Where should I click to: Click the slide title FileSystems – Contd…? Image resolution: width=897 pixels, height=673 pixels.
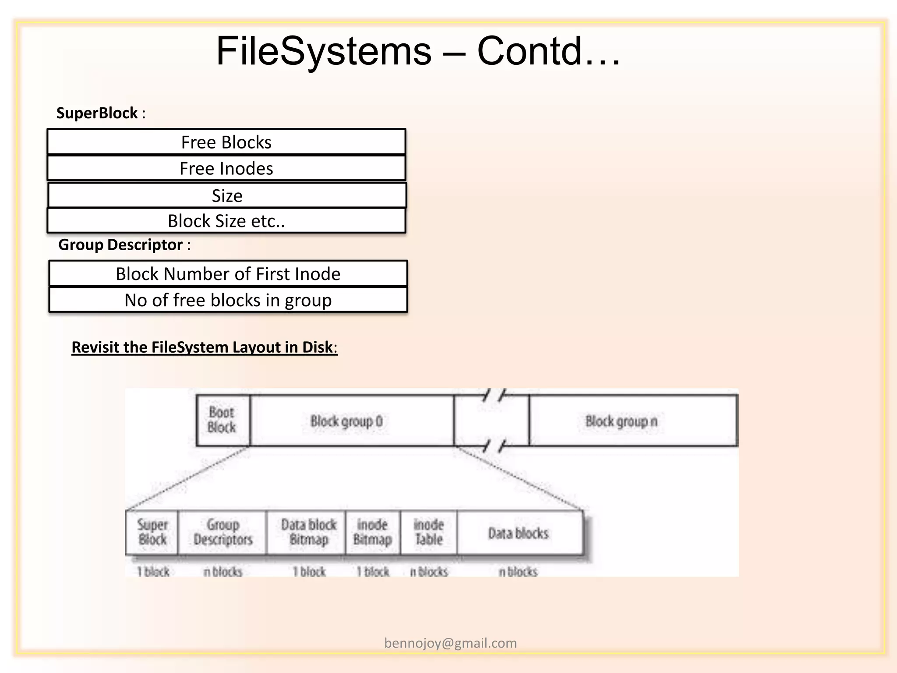click(x=418, y=51)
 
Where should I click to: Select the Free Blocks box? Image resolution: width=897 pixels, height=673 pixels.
click(x=226, y=142)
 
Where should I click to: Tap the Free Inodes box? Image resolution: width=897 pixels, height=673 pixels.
click(x=226, y=168)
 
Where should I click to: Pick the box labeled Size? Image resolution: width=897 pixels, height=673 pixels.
click(x=227, y=195)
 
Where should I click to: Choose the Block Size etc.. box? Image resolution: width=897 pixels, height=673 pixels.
click(x=226, y=221)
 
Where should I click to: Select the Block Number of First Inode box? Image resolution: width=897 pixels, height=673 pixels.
click(x=228, y=274)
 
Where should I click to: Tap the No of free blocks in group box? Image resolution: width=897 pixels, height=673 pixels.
click(x=228, y=300)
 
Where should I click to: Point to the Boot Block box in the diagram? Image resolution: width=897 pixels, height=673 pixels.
click(x=222, y=420)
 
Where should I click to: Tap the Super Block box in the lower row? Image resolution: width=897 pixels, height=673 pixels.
click(x=152, y=532)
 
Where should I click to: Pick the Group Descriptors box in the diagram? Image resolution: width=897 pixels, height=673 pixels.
click(x=222, y=532)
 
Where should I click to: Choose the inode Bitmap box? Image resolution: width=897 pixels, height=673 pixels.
click(x=373, y=532)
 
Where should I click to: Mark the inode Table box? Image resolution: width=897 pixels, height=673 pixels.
click(x=428, y=532)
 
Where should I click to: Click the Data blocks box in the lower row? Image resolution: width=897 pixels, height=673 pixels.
click(x=519, y=533)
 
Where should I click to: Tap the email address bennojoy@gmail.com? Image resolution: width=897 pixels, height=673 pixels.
click(x=450, y=643)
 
